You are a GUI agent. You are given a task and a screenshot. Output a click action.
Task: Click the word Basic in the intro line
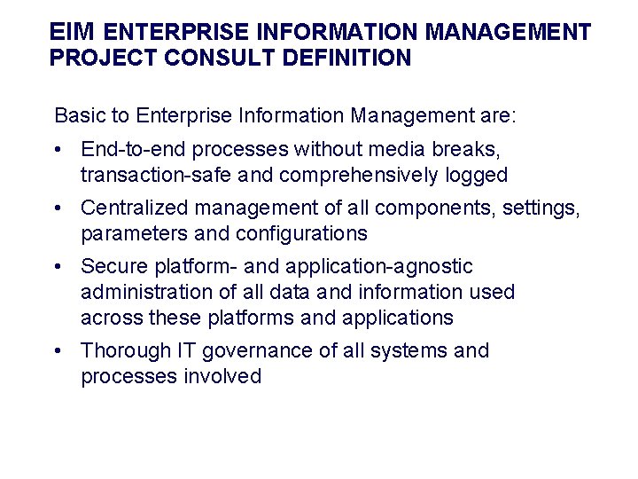pos(78,115)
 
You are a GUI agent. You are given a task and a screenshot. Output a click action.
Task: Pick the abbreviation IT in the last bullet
pos(189,350)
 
